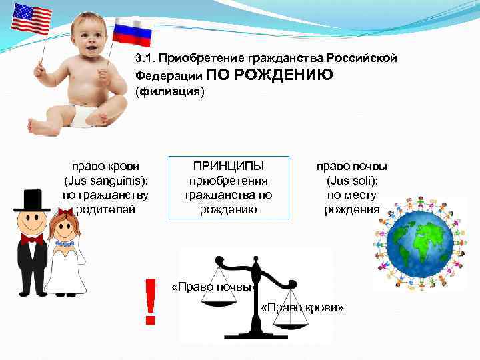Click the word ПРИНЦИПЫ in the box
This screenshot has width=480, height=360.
pyautogui.click(x=229, y=166)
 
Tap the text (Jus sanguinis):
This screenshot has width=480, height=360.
pyautogui.click(x=105, y=181)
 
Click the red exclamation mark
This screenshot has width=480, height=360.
pyautogui.click(x=150, y=301)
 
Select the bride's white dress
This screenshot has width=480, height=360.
pyautogui.click(x=65, y=270)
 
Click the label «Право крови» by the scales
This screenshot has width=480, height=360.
pyautogui.click(x=303, y=307)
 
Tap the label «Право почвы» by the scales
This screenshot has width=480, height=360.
pyautogui.click(x=213, y=287)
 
